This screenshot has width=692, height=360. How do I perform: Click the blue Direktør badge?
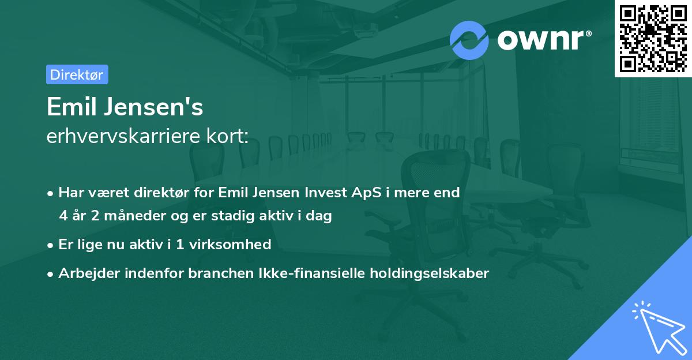(77, 74)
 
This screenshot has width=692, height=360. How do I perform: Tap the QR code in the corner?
(653, 38)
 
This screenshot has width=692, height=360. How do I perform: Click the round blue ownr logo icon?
(469, 40)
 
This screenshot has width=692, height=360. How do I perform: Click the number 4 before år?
(63, 216)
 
